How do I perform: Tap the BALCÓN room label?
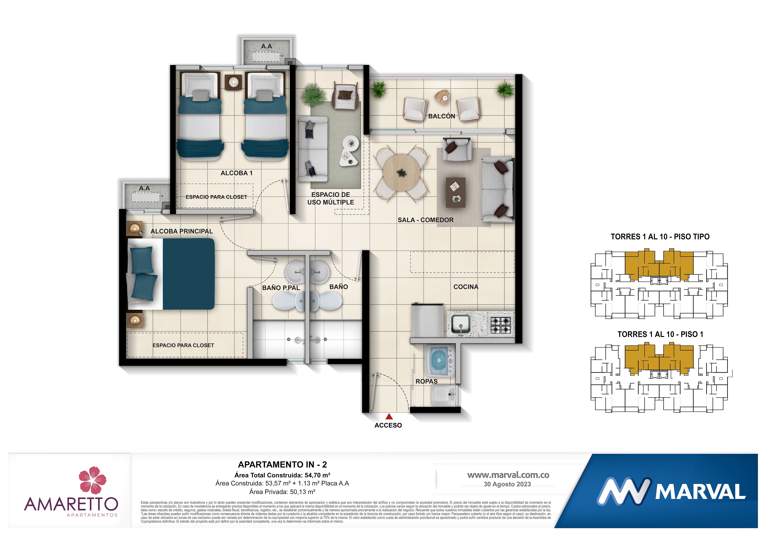coord(441,116)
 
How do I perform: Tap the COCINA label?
coord(466,287)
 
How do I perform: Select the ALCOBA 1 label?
coord(237,173)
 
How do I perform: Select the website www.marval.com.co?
coord(508,475)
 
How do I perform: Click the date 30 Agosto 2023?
coord(507,484)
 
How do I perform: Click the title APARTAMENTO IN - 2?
coord(282,464)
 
